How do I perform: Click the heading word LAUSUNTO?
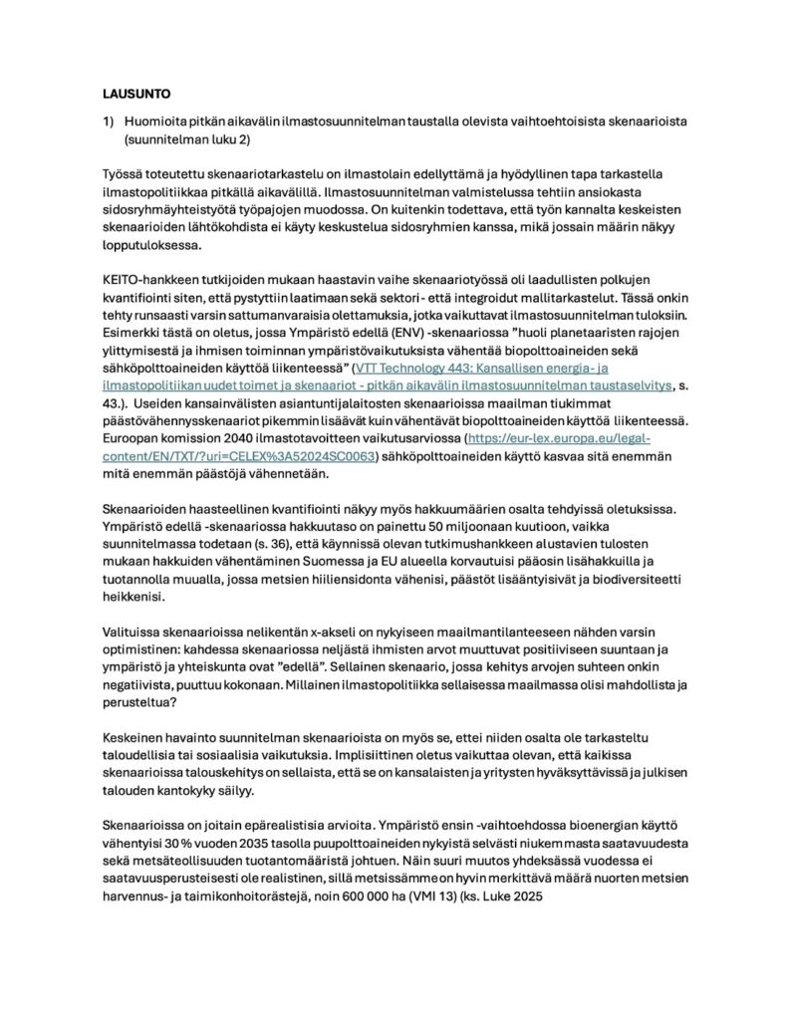pyautogui.click(x=136, y=95)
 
